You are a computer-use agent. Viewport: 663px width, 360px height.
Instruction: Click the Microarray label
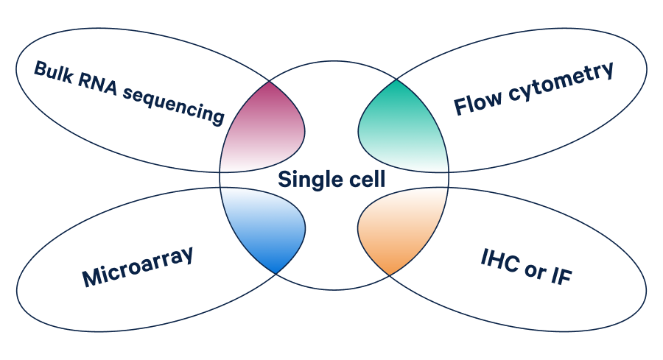click(138, 267)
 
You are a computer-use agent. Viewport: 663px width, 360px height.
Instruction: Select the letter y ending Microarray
click(187, 256)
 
